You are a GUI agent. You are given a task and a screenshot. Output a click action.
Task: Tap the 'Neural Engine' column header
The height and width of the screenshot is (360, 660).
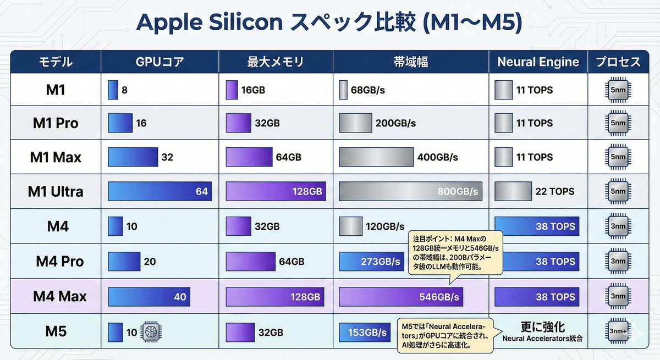[x=538, y=62]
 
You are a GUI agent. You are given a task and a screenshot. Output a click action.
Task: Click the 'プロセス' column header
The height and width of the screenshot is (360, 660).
[x=618, y=62]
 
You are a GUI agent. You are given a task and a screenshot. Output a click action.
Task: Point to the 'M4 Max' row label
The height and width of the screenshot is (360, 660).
[x=60, y=297]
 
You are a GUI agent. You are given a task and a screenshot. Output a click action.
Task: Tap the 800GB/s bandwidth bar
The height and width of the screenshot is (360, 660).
[x=410, y=192]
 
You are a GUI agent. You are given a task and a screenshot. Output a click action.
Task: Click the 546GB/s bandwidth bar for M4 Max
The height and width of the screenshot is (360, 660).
[x=400, y=297]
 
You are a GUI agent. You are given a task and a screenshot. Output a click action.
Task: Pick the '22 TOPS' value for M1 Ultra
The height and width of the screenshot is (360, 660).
[x=554, y=192]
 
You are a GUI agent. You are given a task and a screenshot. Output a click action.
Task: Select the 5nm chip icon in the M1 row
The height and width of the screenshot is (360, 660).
[x=618, y=89]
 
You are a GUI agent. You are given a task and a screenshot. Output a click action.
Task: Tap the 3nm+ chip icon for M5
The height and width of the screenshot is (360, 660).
[x=618, y=332]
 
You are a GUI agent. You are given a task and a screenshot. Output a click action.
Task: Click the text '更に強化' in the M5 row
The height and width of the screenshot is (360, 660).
[x=543, y=326]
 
